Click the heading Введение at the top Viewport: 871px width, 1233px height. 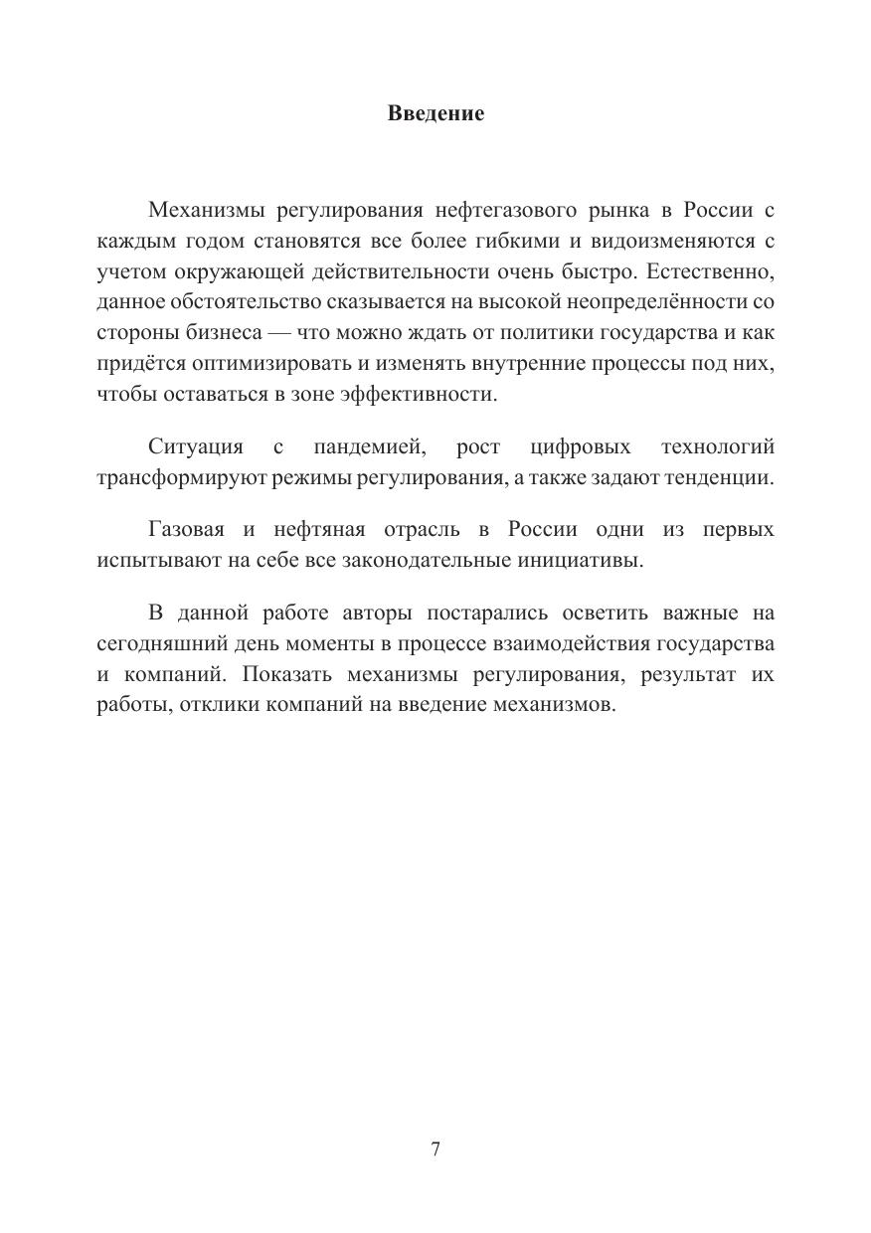click(435, 113)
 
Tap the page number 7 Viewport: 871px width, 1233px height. click(435, 1149)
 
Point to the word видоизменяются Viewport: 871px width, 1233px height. click(645, 242)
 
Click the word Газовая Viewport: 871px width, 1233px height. click(188, 529)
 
